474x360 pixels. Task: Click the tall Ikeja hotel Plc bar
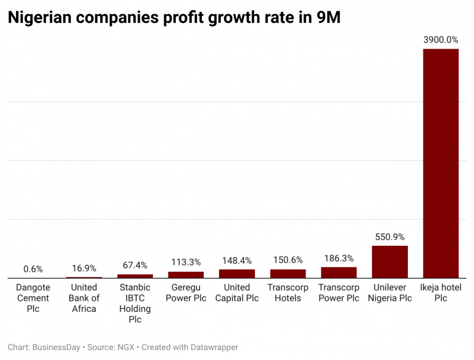click(x=441, y=164)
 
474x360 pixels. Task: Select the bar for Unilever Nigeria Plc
click(x=389, y=262)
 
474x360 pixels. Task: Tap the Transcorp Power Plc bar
click(x=338, y=272)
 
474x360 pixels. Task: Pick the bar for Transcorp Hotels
click(x=288, y=274)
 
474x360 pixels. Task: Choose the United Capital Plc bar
click(x=236, y=274)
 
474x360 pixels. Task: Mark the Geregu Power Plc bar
click(x=186, y=275)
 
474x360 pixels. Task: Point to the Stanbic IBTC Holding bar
click(x=135, y=276)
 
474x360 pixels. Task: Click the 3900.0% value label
click(x=441, y=40)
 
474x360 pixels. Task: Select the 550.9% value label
click(x=389, y=237)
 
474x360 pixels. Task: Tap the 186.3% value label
click(x=338, y=258)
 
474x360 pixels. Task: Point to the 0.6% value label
click(x=33, y=269)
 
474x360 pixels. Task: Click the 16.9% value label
click(x=84, y=268)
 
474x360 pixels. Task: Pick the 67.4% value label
click(x=135, y=266)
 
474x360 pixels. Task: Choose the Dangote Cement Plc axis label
click(x=33, y=298)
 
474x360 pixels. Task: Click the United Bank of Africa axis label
click(x=84, y=298)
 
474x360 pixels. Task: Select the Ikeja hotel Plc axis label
click(x=441, y=293)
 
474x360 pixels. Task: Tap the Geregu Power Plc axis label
click(x=186, y=293)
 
